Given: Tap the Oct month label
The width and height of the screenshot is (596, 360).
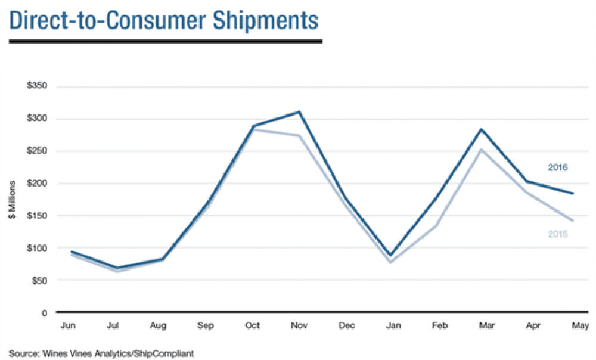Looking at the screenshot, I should [x=253, y=326].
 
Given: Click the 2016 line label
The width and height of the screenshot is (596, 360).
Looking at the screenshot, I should [x=557, y=167].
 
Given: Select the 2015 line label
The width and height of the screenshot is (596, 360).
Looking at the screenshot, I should [x=557, y=234].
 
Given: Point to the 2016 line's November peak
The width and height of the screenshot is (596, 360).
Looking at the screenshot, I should [x=300, y=111].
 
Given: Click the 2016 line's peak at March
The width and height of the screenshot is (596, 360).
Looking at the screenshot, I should [x=481, y=129].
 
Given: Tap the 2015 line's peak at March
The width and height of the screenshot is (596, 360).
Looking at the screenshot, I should [x=481, y=149].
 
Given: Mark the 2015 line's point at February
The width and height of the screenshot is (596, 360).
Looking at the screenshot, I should [x=436, y=226].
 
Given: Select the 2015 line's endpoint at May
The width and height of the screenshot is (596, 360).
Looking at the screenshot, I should [x=573, y=221].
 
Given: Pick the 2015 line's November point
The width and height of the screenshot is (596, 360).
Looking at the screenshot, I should [x=300, y=136].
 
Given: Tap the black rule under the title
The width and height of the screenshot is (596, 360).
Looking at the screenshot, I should [x=166, y=41].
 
